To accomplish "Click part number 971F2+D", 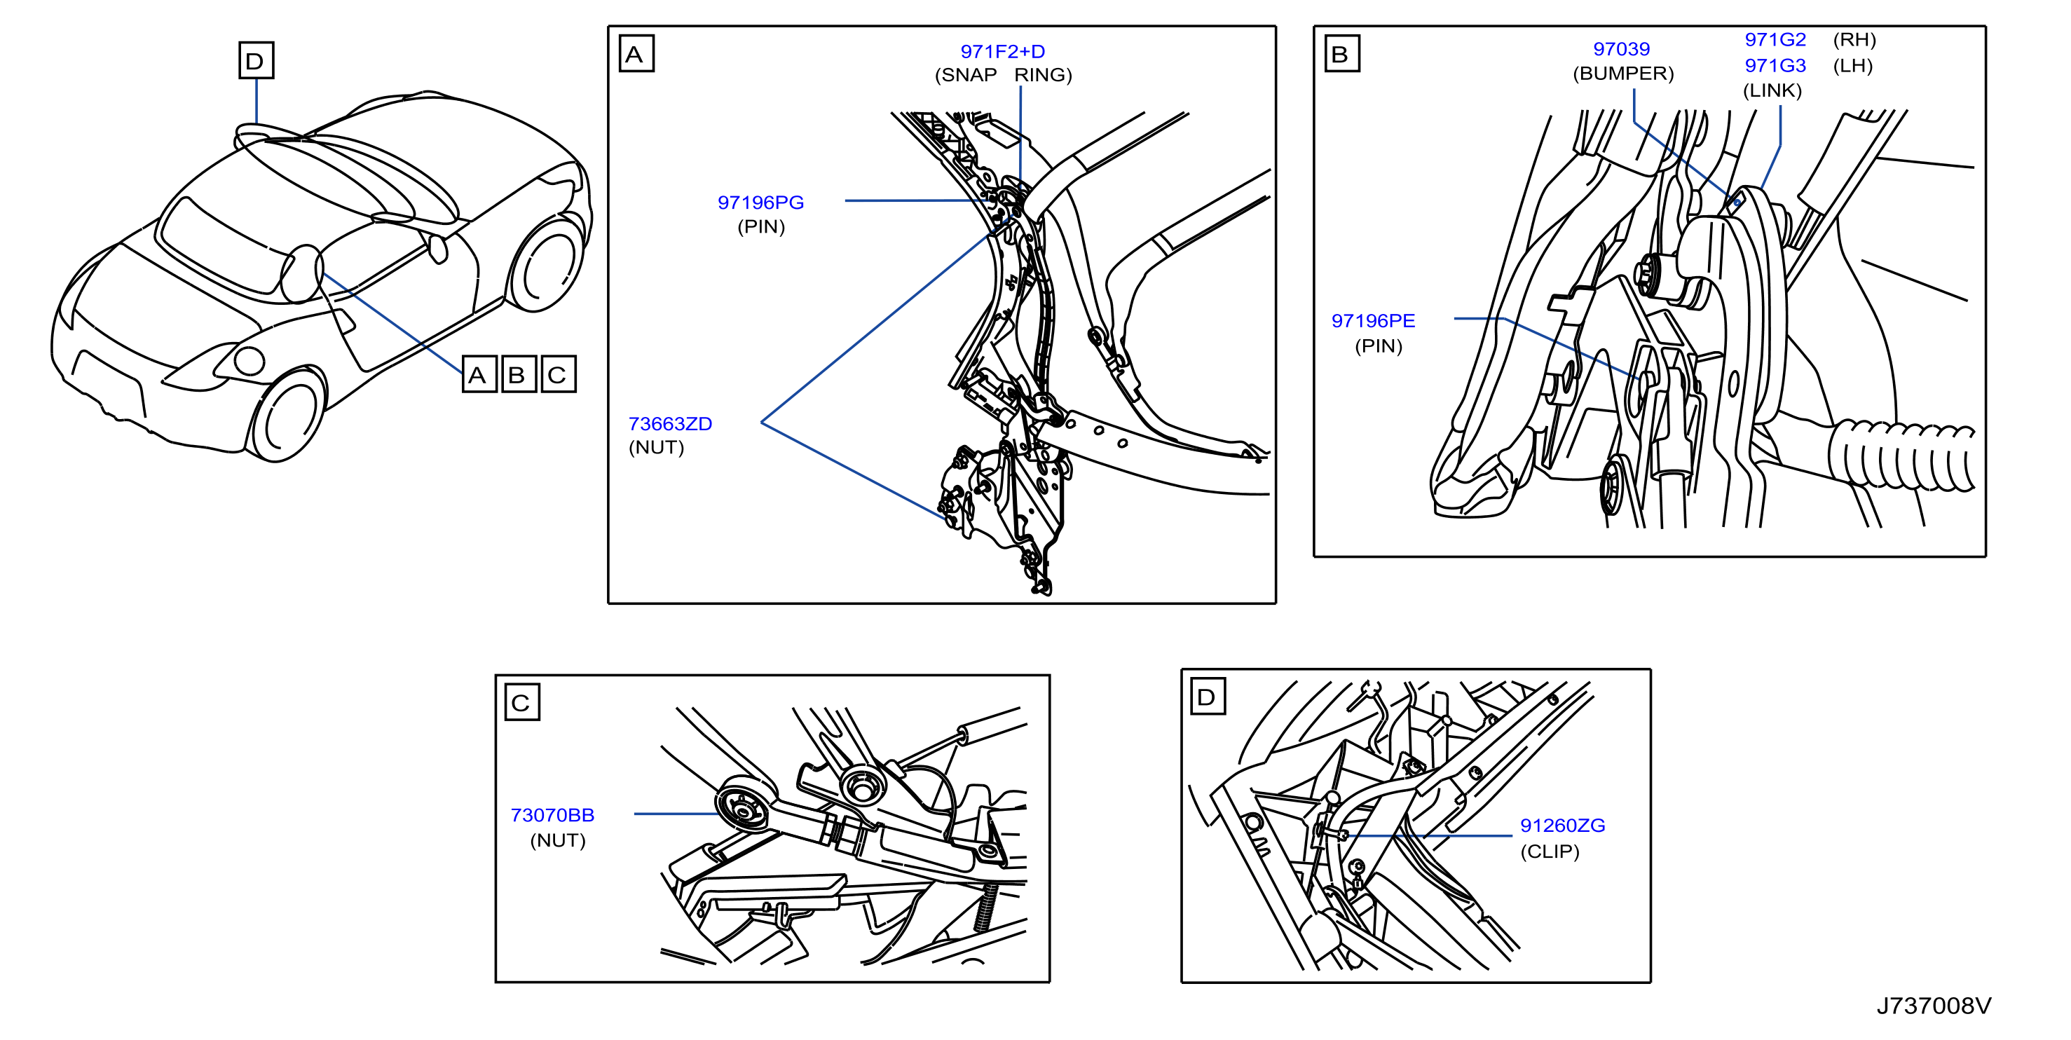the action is [x=1002, y=51].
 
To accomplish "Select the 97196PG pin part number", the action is [x=760, y=203].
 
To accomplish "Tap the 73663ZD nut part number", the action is [x=670, y=423].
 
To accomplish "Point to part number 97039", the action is [x=1622, y=49].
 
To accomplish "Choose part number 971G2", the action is [x=1775, y=39].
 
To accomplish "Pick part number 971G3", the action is [x=1775, y=65].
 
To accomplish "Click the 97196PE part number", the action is [x=1373, y=321].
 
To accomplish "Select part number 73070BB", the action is [x=552, y=815].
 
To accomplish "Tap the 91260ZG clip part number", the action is [x=1562, y=826].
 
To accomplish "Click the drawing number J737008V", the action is [x=1934, y=1006].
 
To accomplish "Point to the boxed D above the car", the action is [x=257, y=60].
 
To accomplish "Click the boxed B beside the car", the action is [x=519, y=374].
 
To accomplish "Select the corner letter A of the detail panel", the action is [x=636, y=54].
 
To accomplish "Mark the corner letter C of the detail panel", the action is [x=521, y=702].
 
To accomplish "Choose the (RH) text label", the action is [x=1854, y=39].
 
